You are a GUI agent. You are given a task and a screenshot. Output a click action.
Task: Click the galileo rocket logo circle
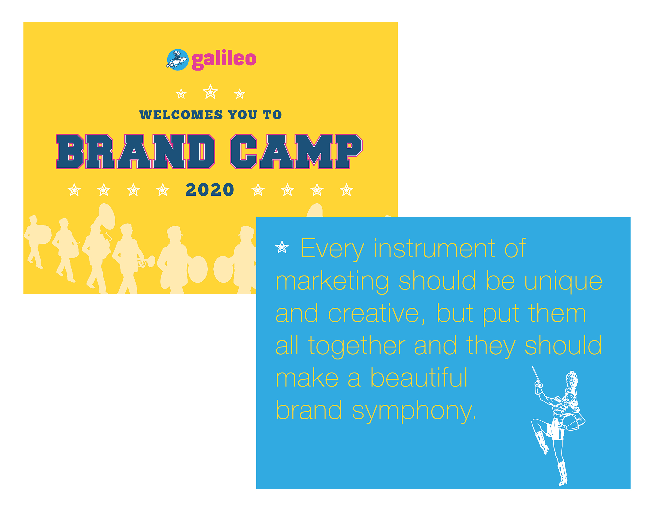(x=177, y=60)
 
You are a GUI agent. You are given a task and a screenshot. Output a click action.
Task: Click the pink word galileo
(x=224, y=60)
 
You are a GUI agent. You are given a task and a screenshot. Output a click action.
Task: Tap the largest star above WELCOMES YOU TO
(x=210, y=92)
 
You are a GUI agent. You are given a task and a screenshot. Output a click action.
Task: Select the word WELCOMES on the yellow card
(x=181, y=115)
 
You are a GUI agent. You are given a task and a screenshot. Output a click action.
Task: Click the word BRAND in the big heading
(x=135, y=152)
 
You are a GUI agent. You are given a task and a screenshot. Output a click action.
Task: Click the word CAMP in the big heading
(x=296, y=152)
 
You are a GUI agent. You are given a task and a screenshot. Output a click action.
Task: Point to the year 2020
(x=210, y=190)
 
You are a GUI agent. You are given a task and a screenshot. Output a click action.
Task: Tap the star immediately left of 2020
(x=163, y=190)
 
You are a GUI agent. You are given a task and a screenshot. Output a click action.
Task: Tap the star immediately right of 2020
(x=258, y=190)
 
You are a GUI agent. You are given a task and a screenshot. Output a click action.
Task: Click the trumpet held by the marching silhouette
(x=146, y=262)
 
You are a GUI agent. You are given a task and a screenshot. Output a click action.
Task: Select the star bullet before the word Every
(x=282, y=247)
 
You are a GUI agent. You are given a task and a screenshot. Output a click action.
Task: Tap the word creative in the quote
(x=376, y=314)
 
